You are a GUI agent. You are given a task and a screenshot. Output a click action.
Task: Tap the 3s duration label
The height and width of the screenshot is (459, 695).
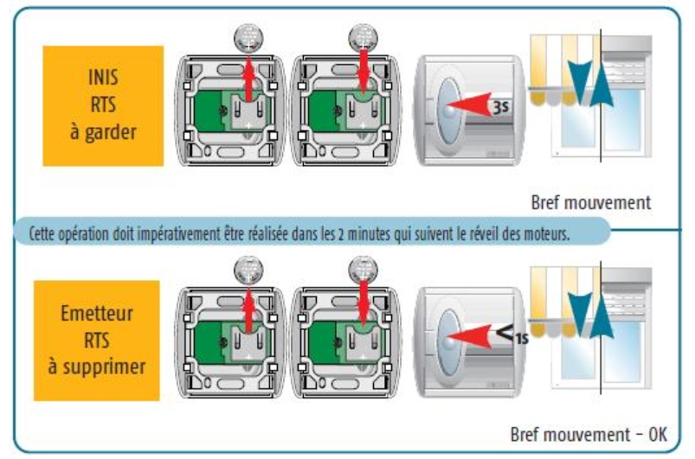point(501,108)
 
